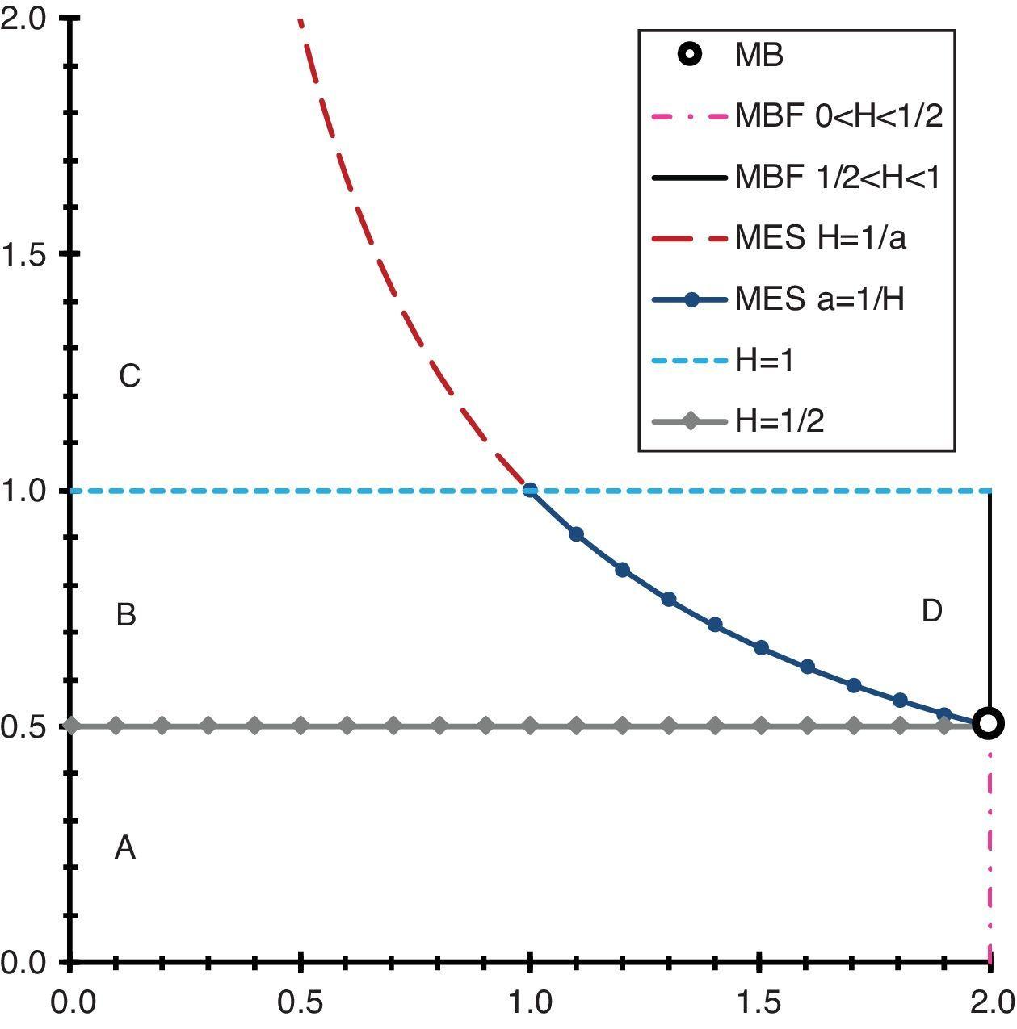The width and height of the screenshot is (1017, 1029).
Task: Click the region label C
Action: click(x=129, y=376)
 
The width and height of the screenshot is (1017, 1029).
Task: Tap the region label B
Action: click(x=126, y=615)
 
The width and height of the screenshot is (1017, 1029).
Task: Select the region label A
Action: click(x=125, y=848)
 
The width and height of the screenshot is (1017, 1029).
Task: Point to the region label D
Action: click(x=931, y=612)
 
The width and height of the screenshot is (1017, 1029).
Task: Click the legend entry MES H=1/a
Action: click(x=819, y=238)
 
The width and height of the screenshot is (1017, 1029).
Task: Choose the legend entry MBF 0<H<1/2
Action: click(x=838, y=116)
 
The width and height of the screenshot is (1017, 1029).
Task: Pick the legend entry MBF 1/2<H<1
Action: click(x=838, y=178)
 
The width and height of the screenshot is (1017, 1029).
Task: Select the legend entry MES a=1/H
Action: click(x=819, y=299)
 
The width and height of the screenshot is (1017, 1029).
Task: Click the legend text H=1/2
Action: click(x=780, y=421)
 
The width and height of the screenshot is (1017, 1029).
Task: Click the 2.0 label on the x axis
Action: click(x=990, y=1003)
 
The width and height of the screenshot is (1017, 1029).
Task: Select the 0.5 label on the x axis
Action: click(x=300, y=1003)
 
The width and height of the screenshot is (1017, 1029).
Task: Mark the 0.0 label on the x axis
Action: click(x=72, y=1003)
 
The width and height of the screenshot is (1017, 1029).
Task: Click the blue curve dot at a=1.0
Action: click(x=530, y=490)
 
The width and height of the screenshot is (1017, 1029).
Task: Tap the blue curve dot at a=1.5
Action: click(x=760, y=648)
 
